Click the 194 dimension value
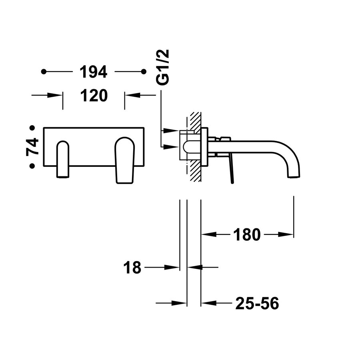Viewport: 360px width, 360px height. coord(93,72)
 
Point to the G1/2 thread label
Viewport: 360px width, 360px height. coord(163,67)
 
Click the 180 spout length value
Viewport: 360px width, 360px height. coord(247,234)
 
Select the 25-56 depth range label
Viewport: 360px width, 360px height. coord(257,304)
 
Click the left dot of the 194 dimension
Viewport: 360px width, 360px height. coord(44,72)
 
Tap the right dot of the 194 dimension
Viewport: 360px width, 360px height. coord(143,72)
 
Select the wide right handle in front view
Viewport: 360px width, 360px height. coord(125,160)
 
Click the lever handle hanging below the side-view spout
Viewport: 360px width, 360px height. coord(232,170)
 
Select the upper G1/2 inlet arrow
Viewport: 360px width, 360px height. coord(172,131)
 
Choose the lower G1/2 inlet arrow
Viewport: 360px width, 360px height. coord(172,146)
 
